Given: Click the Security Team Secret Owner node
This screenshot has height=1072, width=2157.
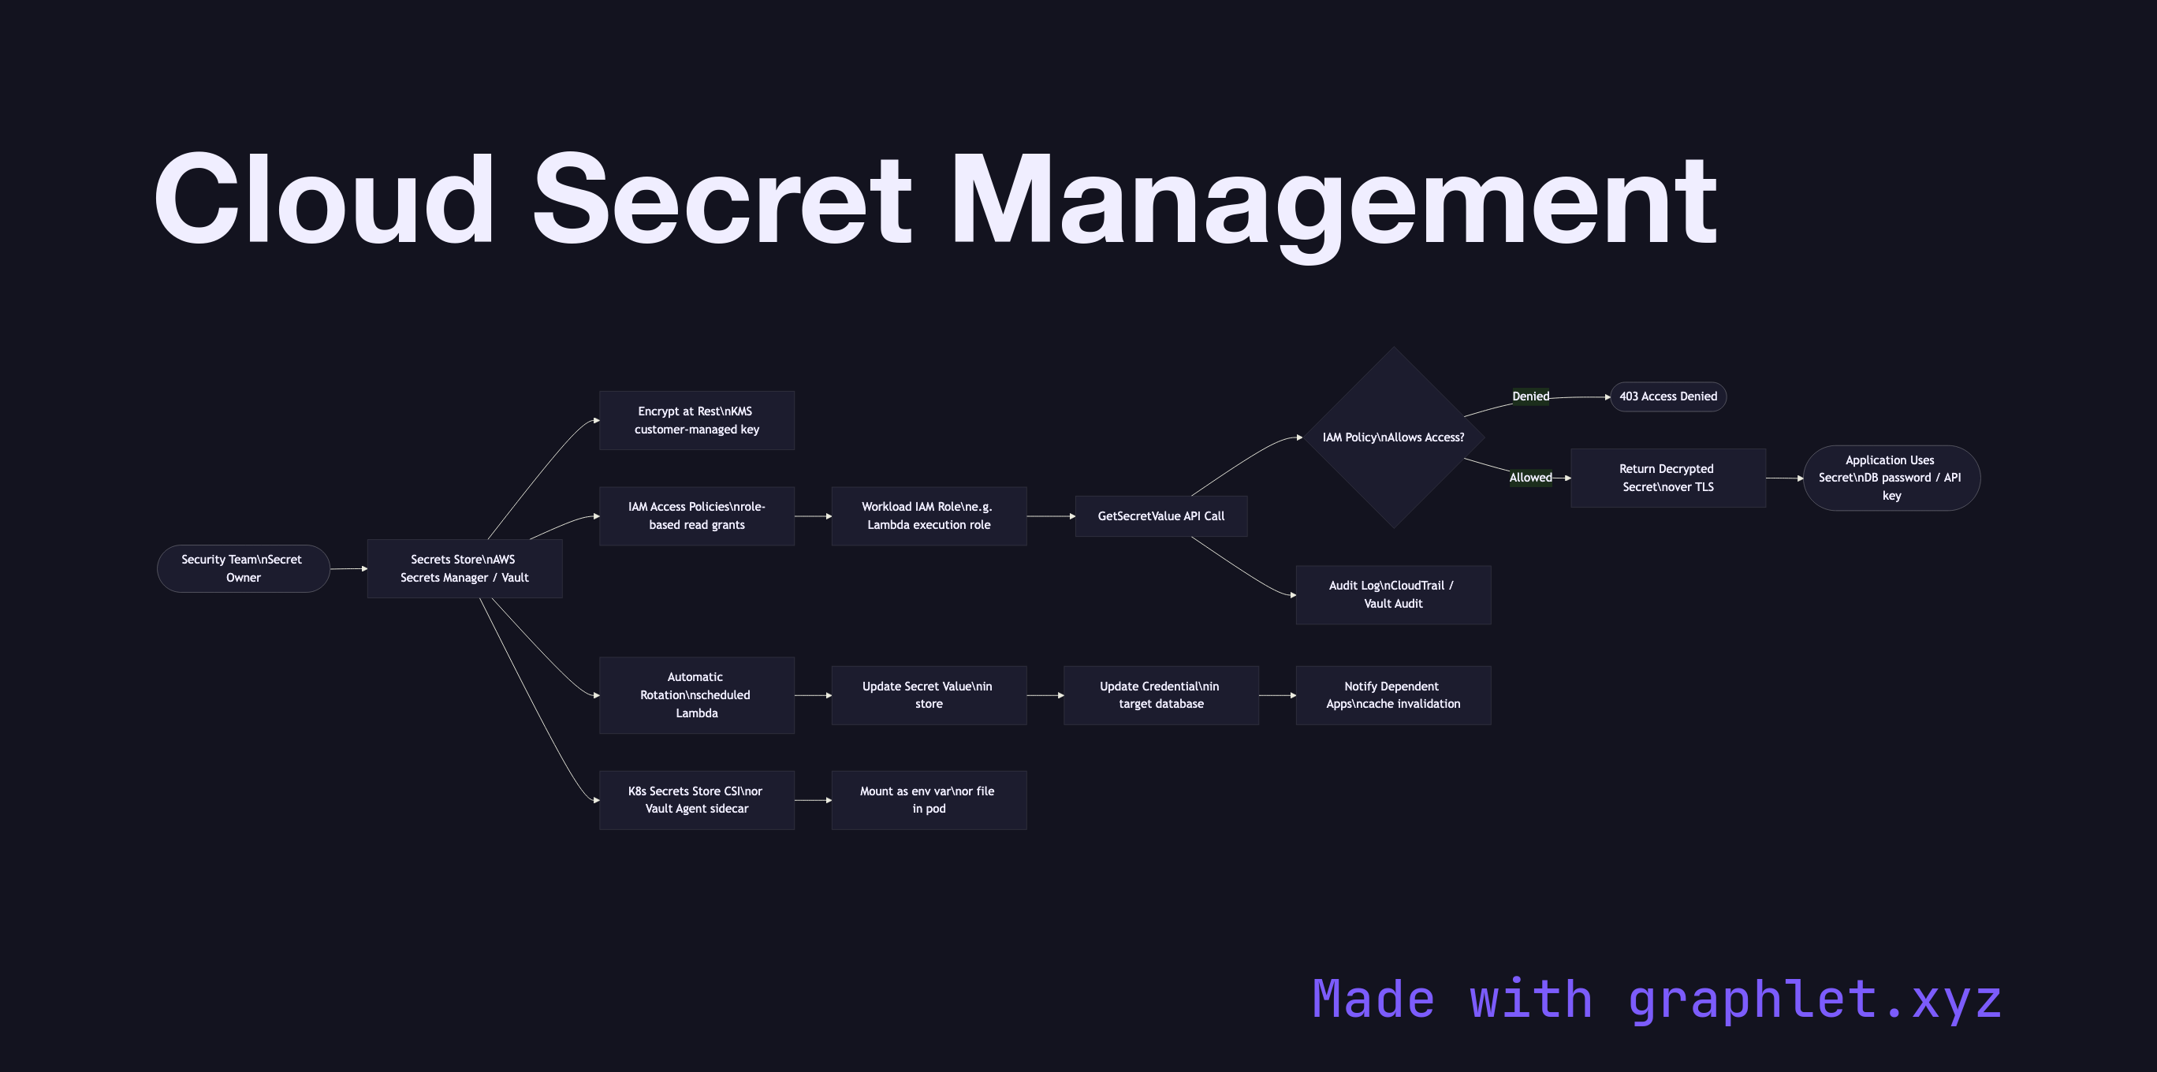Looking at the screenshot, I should (x=243, y=568).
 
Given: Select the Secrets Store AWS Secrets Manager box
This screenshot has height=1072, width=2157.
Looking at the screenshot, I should (x=464, y=568).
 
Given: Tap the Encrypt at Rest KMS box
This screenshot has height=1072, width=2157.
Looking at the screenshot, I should (x=696, y=420).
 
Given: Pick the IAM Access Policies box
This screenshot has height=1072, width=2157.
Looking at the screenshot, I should (x=696, y=516).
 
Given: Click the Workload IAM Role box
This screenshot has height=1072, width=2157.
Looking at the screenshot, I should (x=928, y=516).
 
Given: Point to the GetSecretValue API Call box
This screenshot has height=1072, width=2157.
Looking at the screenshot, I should (x=1160, y=516).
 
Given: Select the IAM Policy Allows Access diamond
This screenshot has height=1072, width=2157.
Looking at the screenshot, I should (x=1393, y=437).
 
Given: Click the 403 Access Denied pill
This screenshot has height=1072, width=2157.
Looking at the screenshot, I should (x=1667, y=396).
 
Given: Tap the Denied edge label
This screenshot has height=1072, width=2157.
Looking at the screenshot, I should (x=1529, y=396).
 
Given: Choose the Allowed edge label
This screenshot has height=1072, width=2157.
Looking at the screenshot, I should (x=1529, y=478).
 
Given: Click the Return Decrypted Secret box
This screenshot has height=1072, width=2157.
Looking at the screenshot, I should (x=1667, y=478).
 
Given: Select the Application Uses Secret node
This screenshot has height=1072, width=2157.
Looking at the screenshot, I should (x=1891, y=478).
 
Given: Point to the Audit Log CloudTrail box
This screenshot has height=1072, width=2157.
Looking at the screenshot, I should (x=1392, y=594).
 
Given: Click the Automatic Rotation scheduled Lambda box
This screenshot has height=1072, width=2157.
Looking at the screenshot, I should (x=696, y=695).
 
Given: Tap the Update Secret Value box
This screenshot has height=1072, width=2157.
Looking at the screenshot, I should (x=928, y=695).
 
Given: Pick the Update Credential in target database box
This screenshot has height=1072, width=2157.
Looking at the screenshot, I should (x=1160, y=695).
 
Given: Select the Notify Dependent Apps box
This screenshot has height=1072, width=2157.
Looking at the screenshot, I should (x=1392, y=695).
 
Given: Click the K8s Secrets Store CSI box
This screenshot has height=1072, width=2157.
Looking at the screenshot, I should (x=696, y=800).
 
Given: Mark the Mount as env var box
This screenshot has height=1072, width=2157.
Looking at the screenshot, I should (x=928, y=800).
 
